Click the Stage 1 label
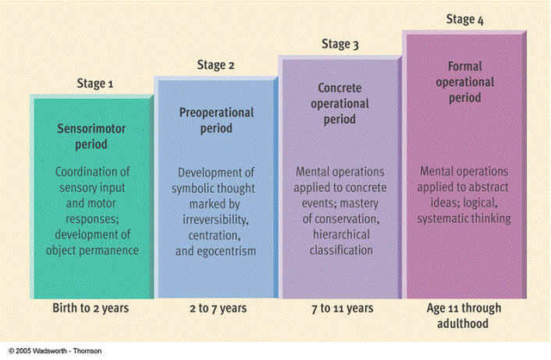(x=94, y=84)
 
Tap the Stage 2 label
(x=217, y=65)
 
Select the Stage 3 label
(x=342, y=44)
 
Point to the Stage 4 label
(x=465, y=20)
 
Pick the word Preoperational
(x=217, y=113)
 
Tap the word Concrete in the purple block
(x=341, y=89)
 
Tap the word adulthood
(x=464, y=324)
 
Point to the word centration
(x=215, y=233)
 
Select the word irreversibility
(x=216, y=218)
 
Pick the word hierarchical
(x=341, y=235)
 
